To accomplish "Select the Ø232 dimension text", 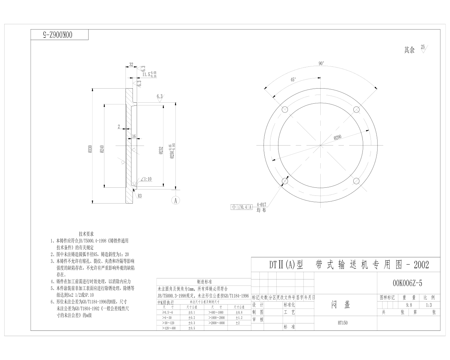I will click(x=161, y=150).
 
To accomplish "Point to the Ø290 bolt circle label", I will click(x=337, y=137).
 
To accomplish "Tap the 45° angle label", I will click(x=293, y=80).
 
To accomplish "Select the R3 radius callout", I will click(x=140, y=196).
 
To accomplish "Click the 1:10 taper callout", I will click(x=146, y=179).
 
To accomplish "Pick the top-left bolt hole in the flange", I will click(x=285, y=109).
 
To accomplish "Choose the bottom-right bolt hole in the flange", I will click(x=356, y=181).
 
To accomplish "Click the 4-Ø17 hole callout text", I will click(x=262, y=204).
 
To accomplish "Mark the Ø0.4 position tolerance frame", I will click(x=242, y=207).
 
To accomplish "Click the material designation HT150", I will click(x=342, y=323).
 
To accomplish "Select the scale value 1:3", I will click(x=429, y=306).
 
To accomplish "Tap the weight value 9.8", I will click(x=409, y=306).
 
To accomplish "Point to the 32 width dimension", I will click(x=131, y=65).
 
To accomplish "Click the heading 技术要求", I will click(x=86, y=234).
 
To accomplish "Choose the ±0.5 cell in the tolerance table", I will click(x=192, y=328).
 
